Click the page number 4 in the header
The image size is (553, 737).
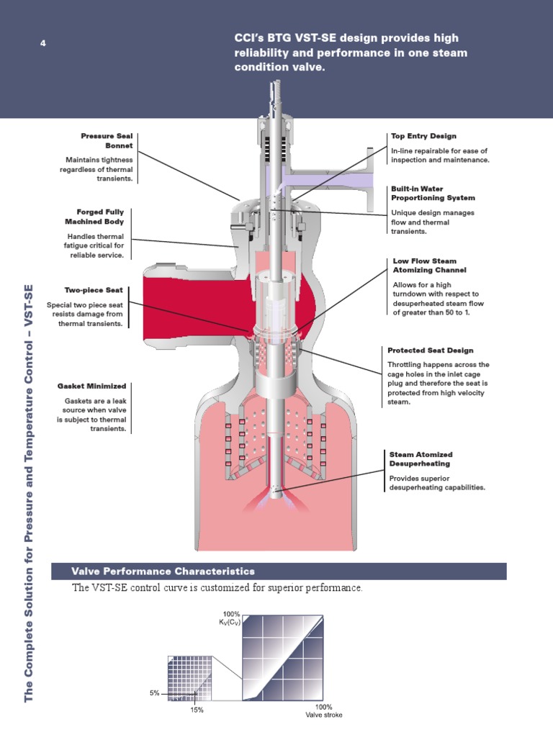[x=42, y=44]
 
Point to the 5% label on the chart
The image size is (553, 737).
[x=154, y=693]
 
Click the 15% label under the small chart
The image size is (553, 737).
[x=197, y=710]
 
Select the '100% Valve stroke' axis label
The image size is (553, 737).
[x=323, y=711]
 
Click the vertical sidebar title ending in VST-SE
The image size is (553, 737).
[x=30, y=493]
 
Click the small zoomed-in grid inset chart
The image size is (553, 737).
[x=192, y=677]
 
